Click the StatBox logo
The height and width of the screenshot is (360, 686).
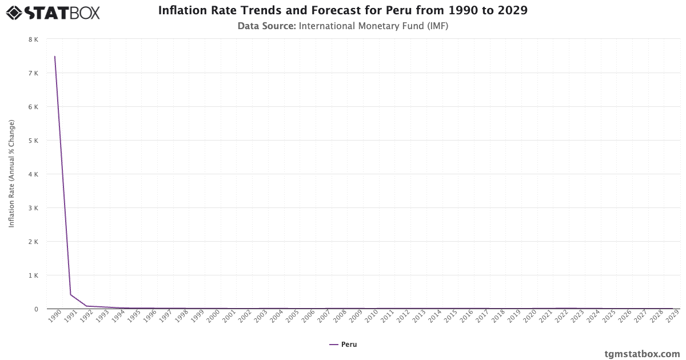pyautogui.click(x=53, y=13)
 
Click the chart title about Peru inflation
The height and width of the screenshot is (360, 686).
pyautogui.click(x=342, y=11)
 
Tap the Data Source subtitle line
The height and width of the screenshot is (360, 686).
pyautogui.click(x=342, y=26)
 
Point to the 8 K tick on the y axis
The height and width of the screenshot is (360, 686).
pyautogui.click(x=33, y=39)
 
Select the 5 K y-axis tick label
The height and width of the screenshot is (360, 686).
pyautogui.click(x=33, y=141)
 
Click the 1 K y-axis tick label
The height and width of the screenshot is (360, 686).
pyautogui.click(x=33, y=275)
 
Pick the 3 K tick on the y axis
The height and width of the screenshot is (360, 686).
pyautogui.click(x=33, y=208)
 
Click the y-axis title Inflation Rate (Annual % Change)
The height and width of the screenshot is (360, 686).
pyautogui.click(x=11, y=174)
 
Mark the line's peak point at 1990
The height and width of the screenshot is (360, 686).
pyautogui.click(x=55, y=57)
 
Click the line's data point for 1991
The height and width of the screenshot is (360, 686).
pyautogui.click(x=70, y=295)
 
